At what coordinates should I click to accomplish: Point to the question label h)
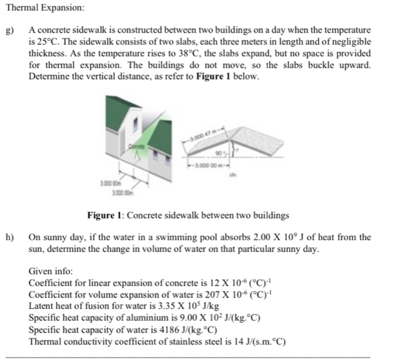(9, 237)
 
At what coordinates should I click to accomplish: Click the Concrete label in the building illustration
(137, 147)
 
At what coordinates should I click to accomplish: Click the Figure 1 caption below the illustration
(188, 215)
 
